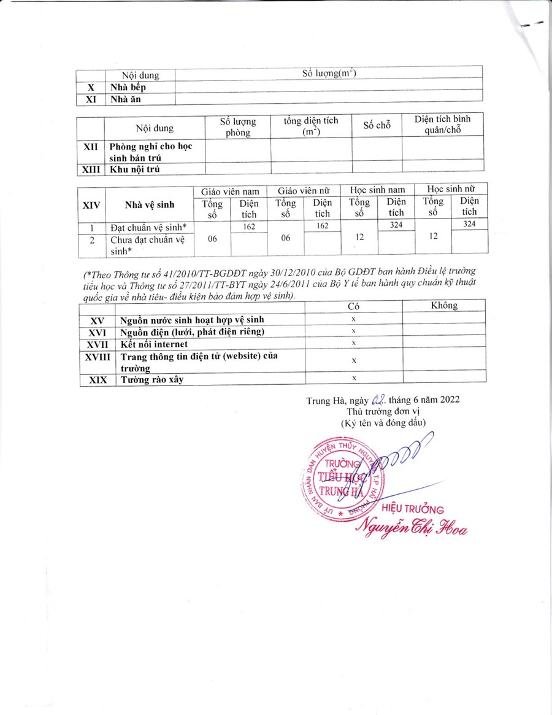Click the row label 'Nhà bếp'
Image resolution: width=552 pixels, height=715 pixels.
(128, 87)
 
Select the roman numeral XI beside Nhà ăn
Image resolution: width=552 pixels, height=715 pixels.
(91, 98)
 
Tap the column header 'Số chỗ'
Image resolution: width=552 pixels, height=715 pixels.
(377, 125)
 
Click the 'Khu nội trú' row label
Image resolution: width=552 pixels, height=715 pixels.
(134, 170)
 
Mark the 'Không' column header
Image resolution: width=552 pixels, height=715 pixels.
(444, 305)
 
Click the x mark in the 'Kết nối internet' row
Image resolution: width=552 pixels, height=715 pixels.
(353, 342)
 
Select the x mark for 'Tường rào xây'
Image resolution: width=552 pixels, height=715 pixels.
(353, 379)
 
